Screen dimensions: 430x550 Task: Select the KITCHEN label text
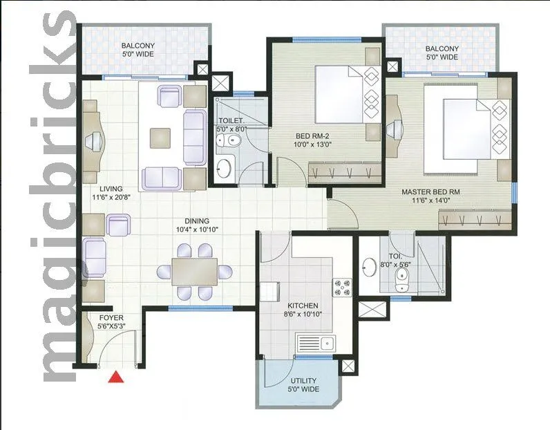pos(303,309)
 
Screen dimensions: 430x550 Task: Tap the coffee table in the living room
pos(162,137)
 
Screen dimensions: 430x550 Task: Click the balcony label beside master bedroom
pos(442,53)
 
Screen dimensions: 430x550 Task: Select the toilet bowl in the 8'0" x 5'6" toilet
pos(401,277)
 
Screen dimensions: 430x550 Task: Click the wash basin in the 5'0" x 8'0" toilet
pos(225,167)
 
